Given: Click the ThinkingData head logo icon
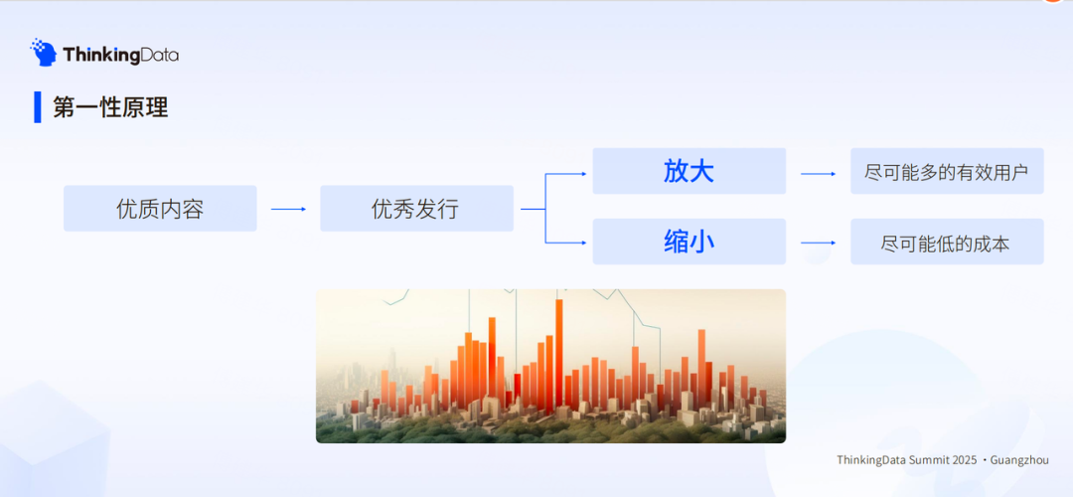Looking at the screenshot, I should click(44, 53).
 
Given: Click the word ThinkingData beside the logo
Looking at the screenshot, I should click(120, 55).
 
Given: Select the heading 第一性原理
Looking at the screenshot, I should click(110, 107).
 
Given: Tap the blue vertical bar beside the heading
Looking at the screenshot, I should click(38, 106).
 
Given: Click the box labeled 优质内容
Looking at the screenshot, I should click(160, 209).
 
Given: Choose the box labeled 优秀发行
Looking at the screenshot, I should click(416, 209).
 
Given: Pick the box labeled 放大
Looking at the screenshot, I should click(689, 171).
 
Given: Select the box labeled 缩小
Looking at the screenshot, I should click(689, 242).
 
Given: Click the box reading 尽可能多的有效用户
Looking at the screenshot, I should click(946, 172).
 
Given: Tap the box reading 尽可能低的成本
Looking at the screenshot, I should click(946, 243).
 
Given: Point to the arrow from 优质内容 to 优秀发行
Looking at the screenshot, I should click(288, 209).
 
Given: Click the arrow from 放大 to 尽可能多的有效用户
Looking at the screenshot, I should click(818, 173).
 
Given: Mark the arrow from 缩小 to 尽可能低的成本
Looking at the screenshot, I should click(818, 242).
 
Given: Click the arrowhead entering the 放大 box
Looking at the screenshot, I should click(583, 173).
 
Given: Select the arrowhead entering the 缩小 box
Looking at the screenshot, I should click(583, 241).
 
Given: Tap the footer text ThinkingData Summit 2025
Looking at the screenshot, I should click(907, 460).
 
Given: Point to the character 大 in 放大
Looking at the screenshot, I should click(701, 171).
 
